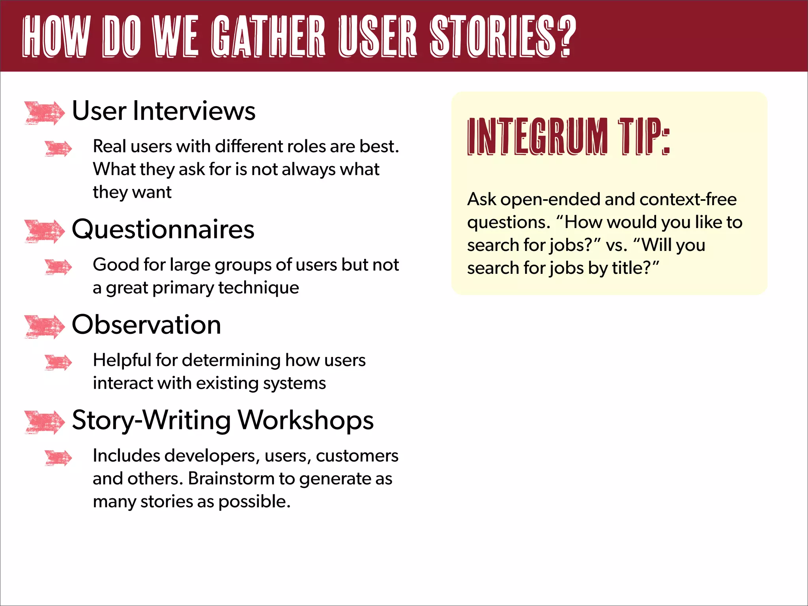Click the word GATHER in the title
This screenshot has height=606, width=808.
click(268, 36)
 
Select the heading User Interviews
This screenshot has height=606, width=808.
click(163, 111)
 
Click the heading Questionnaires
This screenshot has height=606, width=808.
click(163, 229)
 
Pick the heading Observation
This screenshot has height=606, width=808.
click(146, 325)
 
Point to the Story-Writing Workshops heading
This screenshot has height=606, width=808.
click(223, 420)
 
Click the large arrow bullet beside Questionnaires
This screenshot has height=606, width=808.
click(44, 231)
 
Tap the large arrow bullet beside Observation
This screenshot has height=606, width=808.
click(44, 327)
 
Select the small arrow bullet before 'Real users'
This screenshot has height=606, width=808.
click(58, 149)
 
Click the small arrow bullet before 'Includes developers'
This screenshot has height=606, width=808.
click(58, 458)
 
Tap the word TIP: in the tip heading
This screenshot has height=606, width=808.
click(644, 137)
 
